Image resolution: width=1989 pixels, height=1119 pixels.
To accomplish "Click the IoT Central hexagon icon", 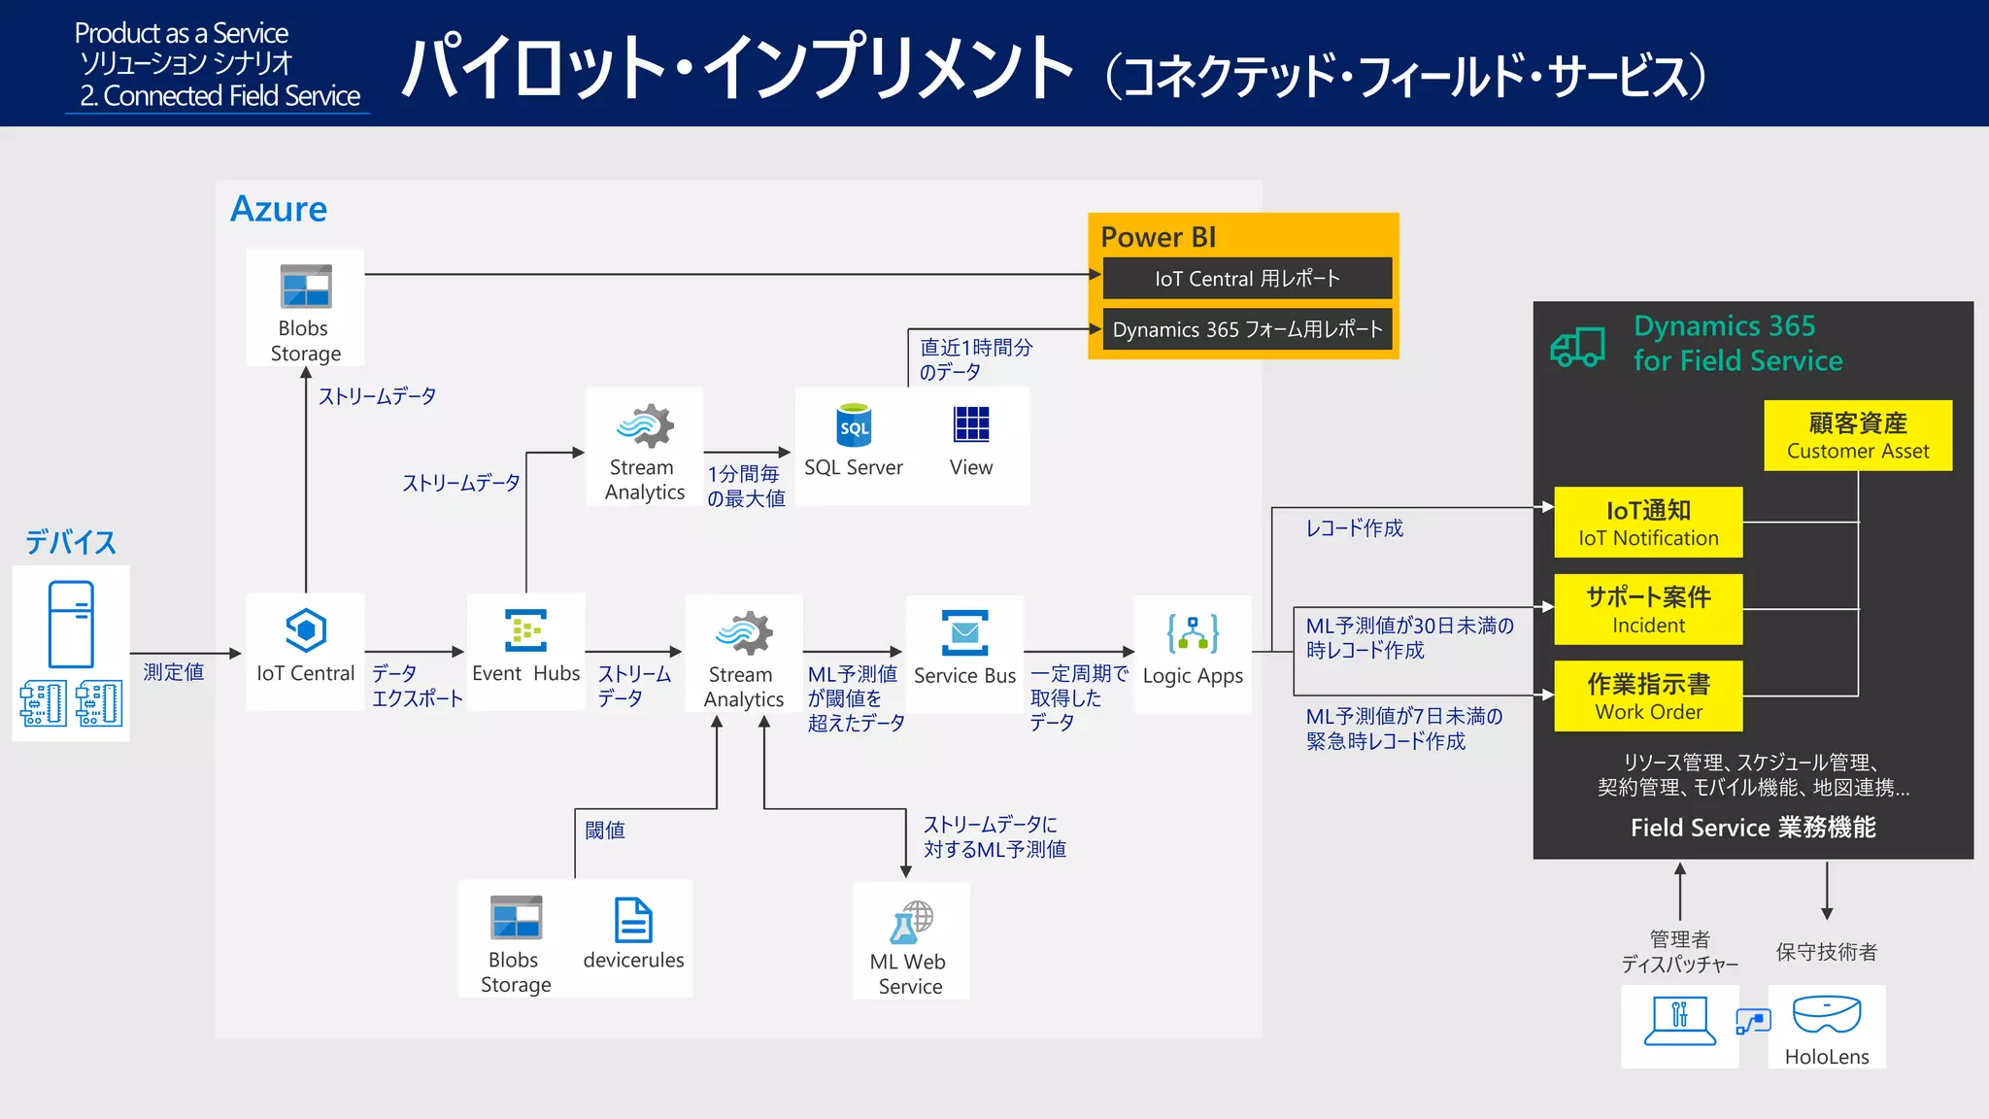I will [305, 630].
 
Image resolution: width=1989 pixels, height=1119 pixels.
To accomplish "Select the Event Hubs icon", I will [525, 630].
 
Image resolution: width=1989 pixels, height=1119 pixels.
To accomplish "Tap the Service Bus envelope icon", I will [964, 633].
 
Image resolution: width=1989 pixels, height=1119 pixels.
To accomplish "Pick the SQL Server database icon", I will [854, 425].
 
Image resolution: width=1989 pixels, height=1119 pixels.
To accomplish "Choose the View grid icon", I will [971, 424].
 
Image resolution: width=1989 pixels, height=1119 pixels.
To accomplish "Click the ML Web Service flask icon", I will [910, 922].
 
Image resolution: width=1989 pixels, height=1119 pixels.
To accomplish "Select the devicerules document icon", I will [633, 920].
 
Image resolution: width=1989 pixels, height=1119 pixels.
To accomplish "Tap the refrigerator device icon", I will [71, 624].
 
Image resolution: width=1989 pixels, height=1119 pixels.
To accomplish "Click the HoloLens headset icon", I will [1826, 1014].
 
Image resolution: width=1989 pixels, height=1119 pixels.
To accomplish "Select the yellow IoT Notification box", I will [1648, 523].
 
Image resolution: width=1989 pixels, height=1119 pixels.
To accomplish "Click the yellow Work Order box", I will [1648, 696].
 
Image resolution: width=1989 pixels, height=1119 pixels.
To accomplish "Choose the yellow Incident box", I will [1648, 609].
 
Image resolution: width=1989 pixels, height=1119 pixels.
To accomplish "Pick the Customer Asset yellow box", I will [1857, 435].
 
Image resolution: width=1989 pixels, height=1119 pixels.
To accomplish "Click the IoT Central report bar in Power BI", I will [1247, 279].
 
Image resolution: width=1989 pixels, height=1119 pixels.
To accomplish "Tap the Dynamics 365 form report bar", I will [1247, 329].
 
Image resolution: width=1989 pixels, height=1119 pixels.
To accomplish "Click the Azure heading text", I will [279, 209].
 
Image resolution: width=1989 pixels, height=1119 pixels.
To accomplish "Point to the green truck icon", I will [1577, 347].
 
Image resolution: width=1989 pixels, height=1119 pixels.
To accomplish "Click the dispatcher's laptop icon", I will [1679, 1021].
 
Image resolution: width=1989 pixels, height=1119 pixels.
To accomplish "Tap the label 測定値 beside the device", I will [173, 672].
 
